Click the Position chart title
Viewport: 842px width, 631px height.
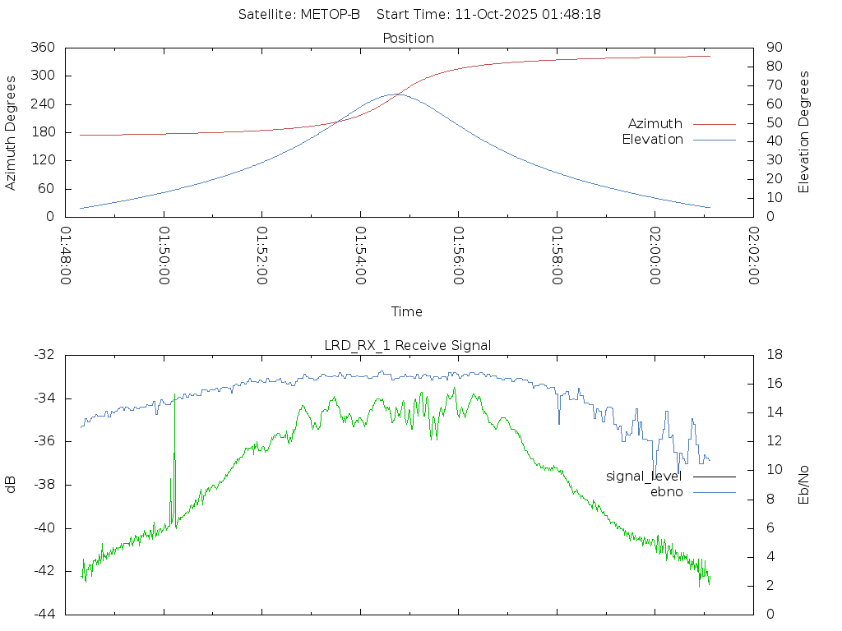coord(409,38)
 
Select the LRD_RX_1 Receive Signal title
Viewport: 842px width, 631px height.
coord(408,345)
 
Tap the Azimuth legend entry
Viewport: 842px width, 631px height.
coord(655,123)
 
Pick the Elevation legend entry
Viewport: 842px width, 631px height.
coord(652,140)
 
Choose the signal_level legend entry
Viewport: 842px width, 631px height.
coord(644,476)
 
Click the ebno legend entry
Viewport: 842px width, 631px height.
coord(666,491)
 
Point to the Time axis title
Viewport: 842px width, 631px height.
coord(407,311)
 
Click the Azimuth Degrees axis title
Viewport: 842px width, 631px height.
coord(11,132)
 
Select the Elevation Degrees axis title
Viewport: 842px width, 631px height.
coord(804,132)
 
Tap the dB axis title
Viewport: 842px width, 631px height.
coord(11,484)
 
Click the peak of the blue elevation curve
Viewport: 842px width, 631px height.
coord(396,94)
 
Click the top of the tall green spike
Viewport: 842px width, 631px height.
coord(175,396)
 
